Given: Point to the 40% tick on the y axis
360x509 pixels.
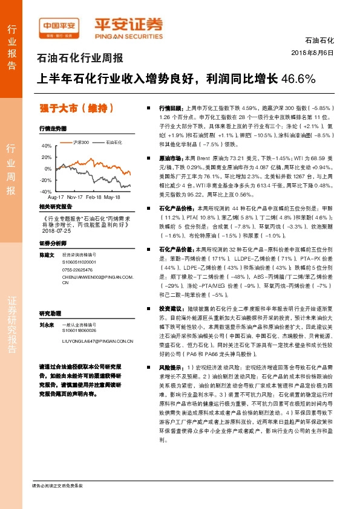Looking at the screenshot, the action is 47,146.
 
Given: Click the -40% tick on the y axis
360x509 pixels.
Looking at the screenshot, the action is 46,190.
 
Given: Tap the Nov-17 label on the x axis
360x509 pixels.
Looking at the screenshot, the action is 76,197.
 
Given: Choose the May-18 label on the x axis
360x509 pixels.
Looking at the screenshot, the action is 112,197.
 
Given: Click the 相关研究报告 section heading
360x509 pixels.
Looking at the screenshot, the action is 55,207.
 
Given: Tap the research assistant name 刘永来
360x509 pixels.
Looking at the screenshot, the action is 47,325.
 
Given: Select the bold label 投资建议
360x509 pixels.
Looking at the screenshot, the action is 171,308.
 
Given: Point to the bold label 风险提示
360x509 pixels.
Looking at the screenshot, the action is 171,367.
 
